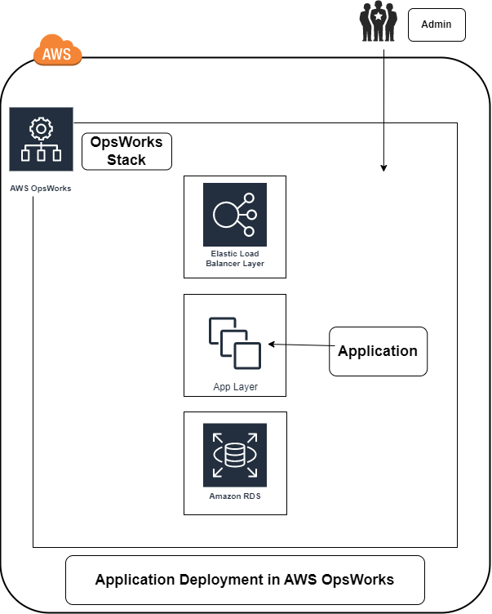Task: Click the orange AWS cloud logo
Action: point(58,51)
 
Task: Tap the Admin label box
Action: point(437,24)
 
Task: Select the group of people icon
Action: point(379,22)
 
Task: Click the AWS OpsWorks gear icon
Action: point(41,139)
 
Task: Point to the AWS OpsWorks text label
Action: point(40,189)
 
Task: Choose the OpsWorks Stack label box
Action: point(126,151)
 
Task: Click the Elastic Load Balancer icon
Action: point(235,215)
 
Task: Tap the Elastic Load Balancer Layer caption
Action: point(235,259)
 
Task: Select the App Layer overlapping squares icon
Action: point(235,344)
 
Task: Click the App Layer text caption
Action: point(235,387)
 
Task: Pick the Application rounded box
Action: point(378,351)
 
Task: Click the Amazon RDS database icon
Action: point(235,455)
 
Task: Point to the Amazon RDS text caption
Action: point(235,496)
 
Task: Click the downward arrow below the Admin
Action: point(383,147)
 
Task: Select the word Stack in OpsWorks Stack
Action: point(126,160)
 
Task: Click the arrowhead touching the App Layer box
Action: point(272,345)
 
